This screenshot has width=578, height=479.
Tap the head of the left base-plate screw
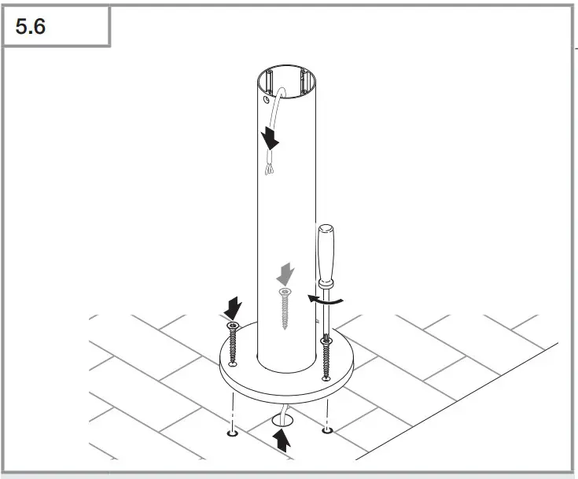point(233,325)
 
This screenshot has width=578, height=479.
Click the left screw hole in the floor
point(233,433)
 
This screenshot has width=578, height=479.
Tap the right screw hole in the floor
point(327,429)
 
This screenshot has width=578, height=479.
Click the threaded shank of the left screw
point(233,346)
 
